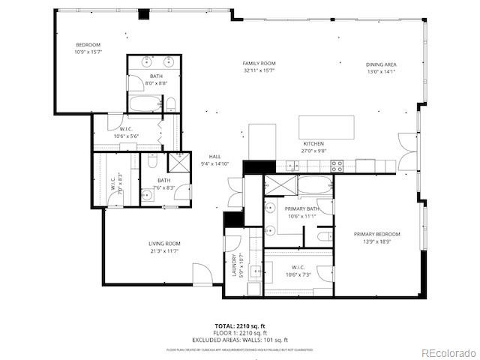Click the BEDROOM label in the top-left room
tap(87, 45)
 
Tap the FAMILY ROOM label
tap(259, 63)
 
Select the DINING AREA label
tap(380, 64)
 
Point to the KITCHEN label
tap(313, 143)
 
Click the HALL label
tap(214, 156)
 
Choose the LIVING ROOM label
tap(163, 244)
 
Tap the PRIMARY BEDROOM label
tap(377, 234)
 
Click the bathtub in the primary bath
tap(315, 185)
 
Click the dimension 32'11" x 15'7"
tap(259, 70)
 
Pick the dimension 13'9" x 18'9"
tap(377, 241)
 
